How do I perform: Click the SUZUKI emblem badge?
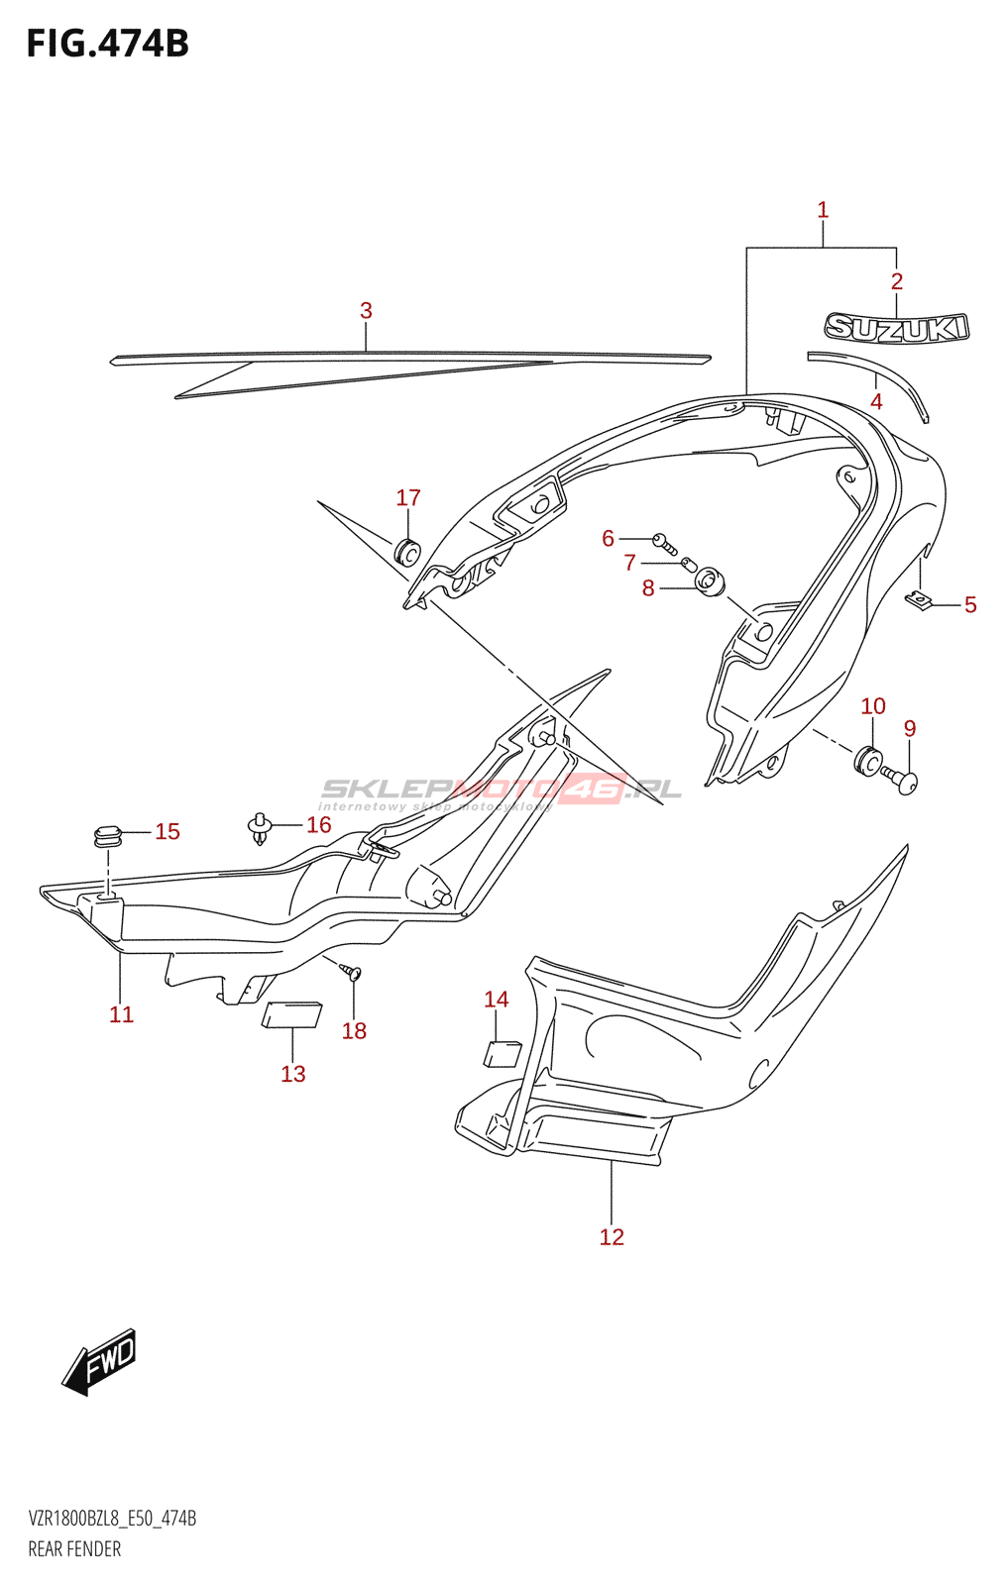click(x=897, y=328)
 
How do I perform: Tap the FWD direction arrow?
click(x=99, y=1361)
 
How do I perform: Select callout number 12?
click(x=612, y=1236)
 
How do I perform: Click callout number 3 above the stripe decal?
click(x=366, y=310)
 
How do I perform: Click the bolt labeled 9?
click(x=903, y=782)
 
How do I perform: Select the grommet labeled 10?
click(x=867, y=760)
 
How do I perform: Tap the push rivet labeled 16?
click(x=260, y=827)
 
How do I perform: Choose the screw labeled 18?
click(x=352, y=972)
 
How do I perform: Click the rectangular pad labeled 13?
click(x=291, y=1015)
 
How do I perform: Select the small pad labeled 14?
click(x=502, y=1053)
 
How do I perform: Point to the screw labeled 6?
click(x=664, y=541)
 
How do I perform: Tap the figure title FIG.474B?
click(x=107, y=44)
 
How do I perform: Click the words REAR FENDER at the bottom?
click(x=74, y=1549)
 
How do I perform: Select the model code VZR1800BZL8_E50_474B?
click(x=112, y=1519)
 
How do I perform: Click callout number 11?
click(x=121, y=1014)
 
